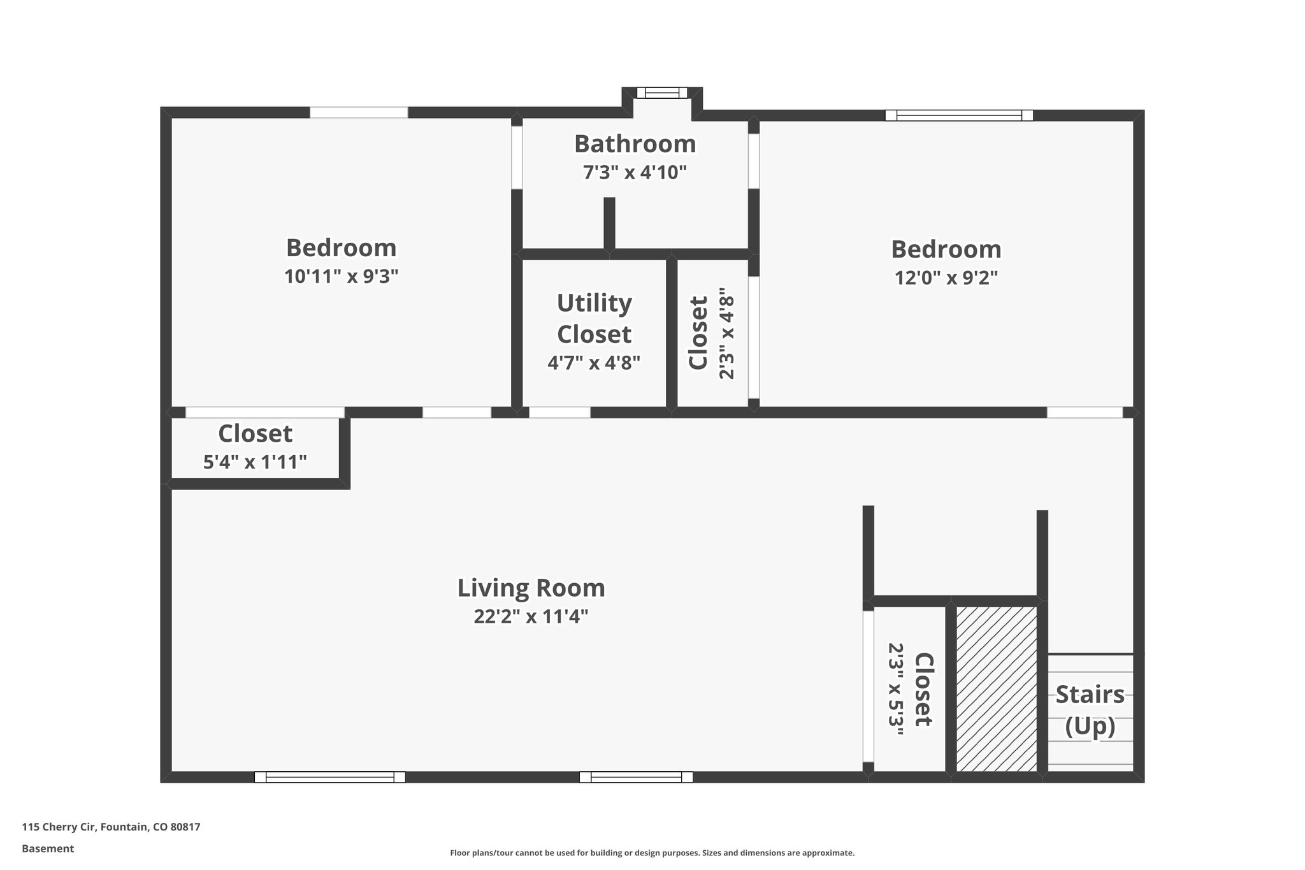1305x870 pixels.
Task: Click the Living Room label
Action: [531, 588]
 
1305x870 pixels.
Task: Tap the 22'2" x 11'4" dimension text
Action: [531, 616]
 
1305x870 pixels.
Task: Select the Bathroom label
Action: [635, 144]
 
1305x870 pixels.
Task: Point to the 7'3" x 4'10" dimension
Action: [635, 172]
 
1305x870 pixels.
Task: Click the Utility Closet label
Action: [594, 318]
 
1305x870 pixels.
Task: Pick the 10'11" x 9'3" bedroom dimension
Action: [341, 276]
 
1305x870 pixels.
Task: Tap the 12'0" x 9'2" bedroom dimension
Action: [946, 278]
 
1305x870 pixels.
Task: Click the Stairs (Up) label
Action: [1090, 709]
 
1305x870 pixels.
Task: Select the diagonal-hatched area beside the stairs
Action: [996, 688]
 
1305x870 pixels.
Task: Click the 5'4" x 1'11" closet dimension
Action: [255, 461]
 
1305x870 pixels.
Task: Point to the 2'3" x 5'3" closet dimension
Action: [896, 689]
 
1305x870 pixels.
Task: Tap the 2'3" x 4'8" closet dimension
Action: [726, 333]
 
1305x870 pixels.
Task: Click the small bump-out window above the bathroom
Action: [662, 93]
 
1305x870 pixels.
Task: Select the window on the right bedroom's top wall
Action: [958, 115]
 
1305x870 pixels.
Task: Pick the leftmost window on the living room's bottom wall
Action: [329, 777]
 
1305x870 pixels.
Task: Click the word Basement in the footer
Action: [48, 848]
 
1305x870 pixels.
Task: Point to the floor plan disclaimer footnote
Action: [652, 853]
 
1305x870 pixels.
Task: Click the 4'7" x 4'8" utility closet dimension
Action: [594, 363]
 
